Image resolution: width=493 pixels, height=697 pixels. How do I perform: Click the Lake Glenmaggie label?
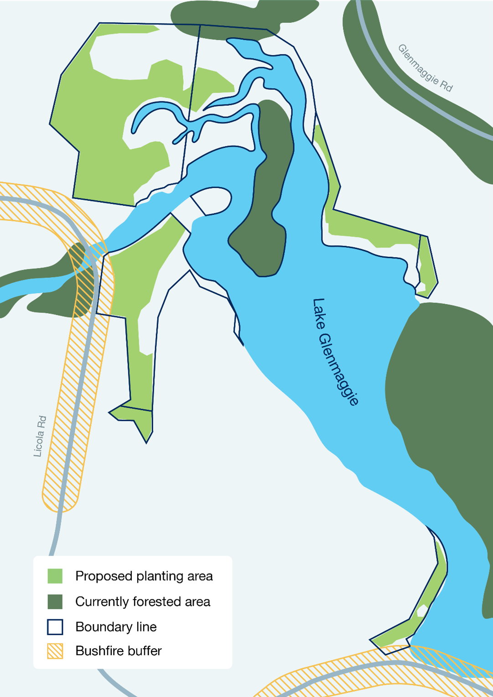coord(336,352)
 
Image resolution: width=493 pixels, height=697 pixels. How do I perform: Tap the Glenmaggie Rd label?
coord(425,68)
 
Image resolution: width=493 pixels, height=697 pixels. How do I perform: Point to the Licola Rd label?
coord(40,436)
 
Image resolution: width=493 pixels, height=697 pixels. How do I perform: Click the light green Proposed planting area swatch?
coord(55,576)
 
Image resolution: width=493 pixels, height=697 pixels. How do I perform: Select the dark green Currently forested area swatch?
coord(55,602)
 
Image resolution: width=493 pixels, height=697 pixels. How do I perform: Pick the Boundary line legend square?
coord(55,627)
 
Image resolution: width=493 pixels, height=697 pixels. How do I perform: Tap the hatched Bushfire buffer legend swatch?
coord(55,651)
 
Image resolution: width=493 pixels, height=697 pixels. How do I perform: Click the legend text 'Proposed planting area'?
coord(144,576)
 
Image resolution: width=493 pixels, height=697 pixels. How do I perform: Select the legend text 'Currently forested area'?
coord(143,602)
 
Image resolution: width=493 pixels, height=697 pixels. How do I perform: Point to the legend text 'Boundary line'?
coord(116,627)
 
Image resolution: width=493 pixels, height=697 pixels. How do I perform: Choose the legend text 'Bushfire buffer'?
coord(119,651)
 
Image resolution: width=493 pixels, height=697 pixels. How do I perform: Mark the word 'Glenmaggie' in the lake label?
coord(340,369)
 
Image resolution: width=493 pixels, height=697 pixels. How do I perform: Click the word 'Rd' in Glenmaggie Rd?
coord(446,86)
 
